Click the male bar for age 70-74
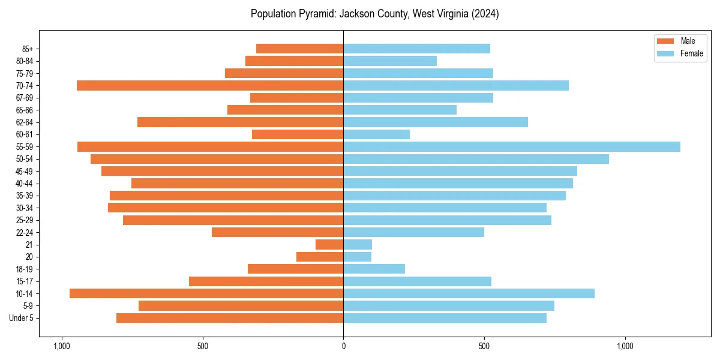(x=210, y=85)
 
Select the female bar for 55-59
(x=511, y=146)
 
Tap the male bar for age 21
(x=329, y=244)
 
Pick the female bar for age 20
(x=357, y=257)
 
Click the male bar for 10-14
(x=206, y=293)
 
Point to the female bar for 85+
(x=416, y=49)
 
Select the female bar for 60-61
(x=376, y=134)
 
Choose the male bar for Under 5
(x=230, y=318)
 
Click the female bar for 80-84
(x=390, y=61)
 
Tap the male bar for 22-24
(x=277, y=232)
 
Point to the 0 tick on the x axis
(x=343, y=346)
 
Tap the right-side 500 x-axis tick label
(x=484, y=346)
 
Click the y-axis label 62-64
(x=24, y=122)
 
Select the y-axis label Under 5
(x=21, y=318)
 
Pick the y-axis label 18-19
(x=24, y=269)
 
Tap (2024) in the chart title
(x=484, y=14)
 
